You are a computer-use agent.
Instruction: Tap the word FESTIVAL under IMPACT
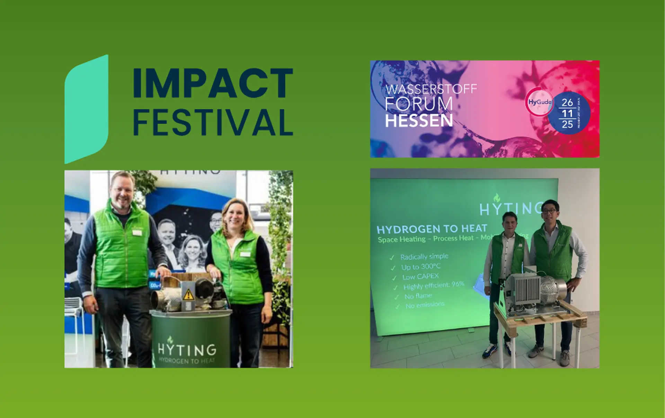(213, 122)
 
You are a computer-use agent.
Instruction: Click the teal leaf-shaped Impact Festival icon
(86, 109)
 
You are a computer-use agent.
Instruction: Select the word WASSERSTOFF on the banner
(431, 89)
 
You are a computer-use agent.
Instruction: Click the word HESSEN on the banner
(419, 121)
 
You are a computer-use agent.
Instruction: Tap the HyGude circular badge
(539, 102)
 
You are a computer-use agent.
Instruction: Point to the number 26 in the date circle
(567, 103)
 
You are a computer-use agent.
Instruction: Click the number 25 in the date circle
(567, 124)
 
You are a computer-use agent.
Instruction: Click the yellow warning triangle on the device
(188, 295)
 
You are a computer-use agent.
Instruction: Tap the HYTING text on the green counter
(187, 349)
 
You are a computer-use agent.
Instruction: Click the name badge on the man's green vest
(137, 233)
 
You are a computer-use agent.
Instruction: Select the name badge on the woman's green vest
(245, 254)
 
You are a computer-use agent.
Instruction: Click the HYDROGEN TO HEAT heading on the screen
(432, 229)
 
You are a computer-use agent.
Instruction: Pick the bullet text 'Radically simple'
(424, 256)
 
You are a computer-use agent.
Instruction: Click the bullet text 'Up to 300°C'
(420, 267)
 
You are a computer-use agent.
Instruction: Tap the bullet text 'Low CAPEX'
(420, 277)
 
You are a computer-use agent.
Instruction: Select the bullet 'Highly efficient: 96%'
(433, 286)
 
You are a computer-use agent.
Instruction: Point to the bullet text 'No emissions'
(425, 305)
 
